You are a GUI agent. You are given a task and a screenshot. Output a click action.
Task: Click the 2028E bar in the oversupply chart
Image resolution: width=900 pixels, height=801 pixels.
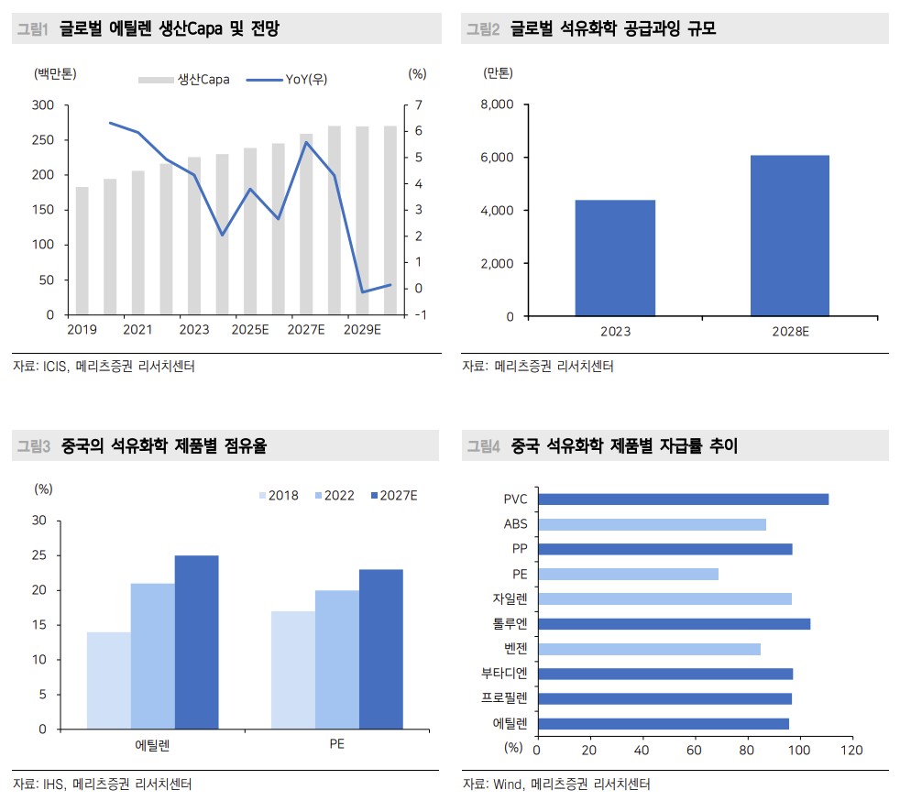pos(789,236)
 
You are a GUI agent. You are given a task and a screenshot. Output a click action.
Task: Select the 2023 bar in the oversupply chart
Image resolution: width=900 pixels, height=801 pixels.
pos(615,258)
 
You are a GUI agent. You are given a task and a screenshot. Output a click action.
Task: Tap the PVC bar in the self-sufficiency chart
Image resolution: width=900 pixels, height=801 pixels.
pos(683,499)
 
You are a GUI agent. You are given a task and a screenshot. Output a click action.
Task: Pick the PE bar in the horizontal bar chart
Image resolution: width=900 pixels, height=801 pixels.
pos(628,574)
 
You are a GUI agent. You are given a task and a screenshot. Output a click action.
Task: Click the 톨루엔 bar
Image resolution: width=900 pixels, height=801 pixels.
pos(674,624)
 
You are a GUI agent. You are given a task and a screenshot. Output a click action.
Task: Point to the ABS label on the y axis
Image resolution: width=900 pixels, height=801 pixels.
pos(515,524)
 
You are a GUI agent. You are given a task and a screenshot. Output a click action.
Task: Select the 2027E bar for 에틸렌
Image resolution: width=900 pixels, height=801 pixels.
pos(196,642)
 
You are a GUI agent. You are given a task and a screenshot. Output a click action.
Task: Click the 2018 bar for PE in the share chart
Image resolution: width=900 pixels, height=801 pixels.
pos(292,670)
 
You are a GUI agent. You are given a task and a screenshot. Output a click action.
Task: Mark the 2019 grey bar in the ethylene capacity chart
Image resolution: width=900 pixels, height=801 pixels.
pos(82,250)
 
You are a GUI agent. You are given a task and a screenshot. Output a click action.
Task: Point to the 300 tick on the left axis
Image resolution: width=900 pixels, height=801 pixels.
pos(43,105)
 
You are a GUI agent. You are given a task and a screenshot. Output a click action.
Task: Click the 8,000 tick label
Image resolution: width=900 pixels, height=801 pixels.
pos(498,104)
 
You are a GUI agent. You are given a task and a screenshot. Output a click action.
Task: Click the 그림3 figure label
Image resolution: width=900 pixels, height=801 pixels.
pos(34,446)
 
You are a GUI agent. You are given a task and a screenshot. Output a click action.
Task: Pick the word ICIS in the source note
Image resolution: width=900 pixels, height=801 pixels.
pos(55,367)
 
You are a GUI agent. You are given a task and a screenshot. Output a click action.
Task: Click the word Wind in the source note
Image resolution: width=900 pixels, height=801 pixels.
pos(507,785)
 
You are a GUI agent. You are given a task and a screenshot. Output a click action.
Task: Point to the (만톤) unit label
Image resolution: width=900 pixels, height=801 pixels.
pos(498,71)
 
